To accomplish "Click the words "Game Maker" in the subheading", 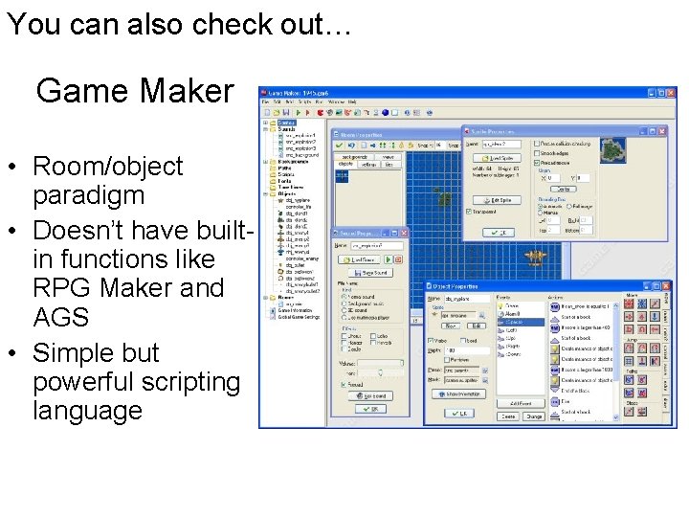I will coord(135,91).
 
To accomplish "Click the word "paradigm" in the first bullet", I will coord(88,195).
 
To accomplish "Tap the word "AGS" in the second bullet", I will coord(60,317).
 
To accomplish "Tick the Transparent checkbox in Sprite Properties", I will coord(468,212).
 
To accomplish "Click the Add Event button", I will coord(522,404).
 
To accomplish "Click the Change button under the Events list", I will coord(533,416).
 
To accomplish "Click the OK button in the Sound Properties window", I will coord(370,409).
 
